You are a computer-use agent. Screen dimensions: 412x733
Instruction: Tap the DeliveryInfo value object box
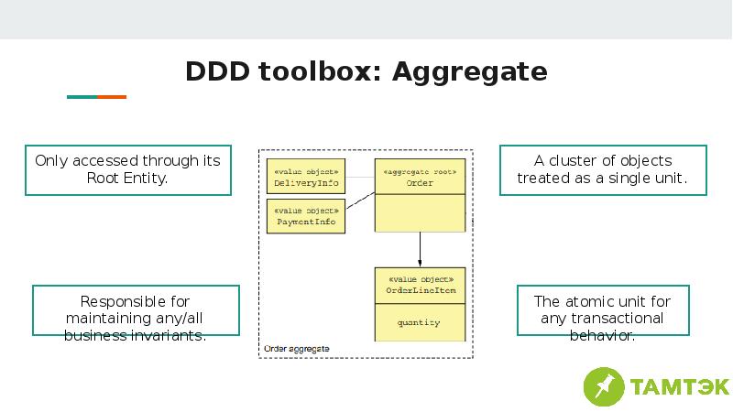(x=306, y=178)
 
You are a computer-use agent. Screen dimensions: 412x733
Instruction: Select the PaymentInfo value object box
(x=306, y=216)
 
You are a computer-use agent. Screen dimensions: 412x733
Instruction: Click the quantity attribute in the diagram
(x=419, y=322)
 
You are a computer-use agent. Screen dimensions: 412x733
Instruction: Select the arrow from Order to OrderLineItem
(x=420, y=249)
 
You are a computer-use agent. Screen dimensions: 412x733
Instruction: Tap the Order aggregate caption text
(x=296, y=349)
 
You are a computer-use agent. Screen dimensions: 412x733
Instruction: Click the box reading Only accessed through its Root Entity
(x=127, y=169)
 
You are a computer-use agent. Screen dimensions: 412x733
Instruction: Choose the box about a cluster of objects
(x=603, y=169)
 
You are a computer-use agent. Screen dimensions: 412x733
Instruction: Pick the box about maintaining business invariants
(x=136, y=310)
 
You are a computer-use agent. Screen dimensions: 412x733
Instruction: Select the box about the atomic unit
(x=602, y=310)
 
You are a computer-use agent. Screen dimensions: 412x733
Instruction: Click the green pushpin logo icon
(x=604, y=385)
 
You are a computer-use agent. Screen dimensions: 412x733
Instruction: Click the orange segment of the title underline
(x=112, y=96)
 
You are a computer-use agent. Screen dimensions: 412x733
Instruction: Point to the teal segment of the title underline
(x=82, y=96)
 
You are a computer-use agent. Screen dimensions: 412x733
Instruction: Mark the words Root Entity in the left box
(x=127, y=179)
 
